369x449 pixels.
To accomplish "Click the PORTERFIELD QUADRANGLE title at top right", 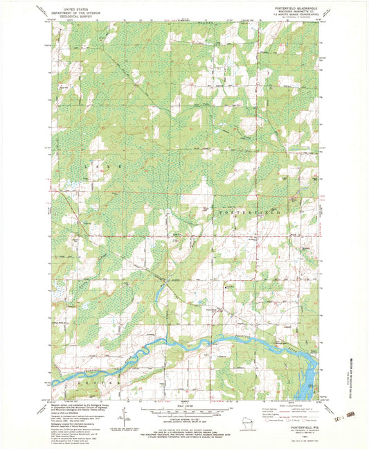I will pos(296,10).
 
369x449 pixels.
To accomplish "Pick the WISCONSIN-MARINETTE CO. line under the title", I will pos(296,13).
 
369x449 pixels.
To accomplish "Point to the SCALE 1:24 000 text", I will pos(183,406).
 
